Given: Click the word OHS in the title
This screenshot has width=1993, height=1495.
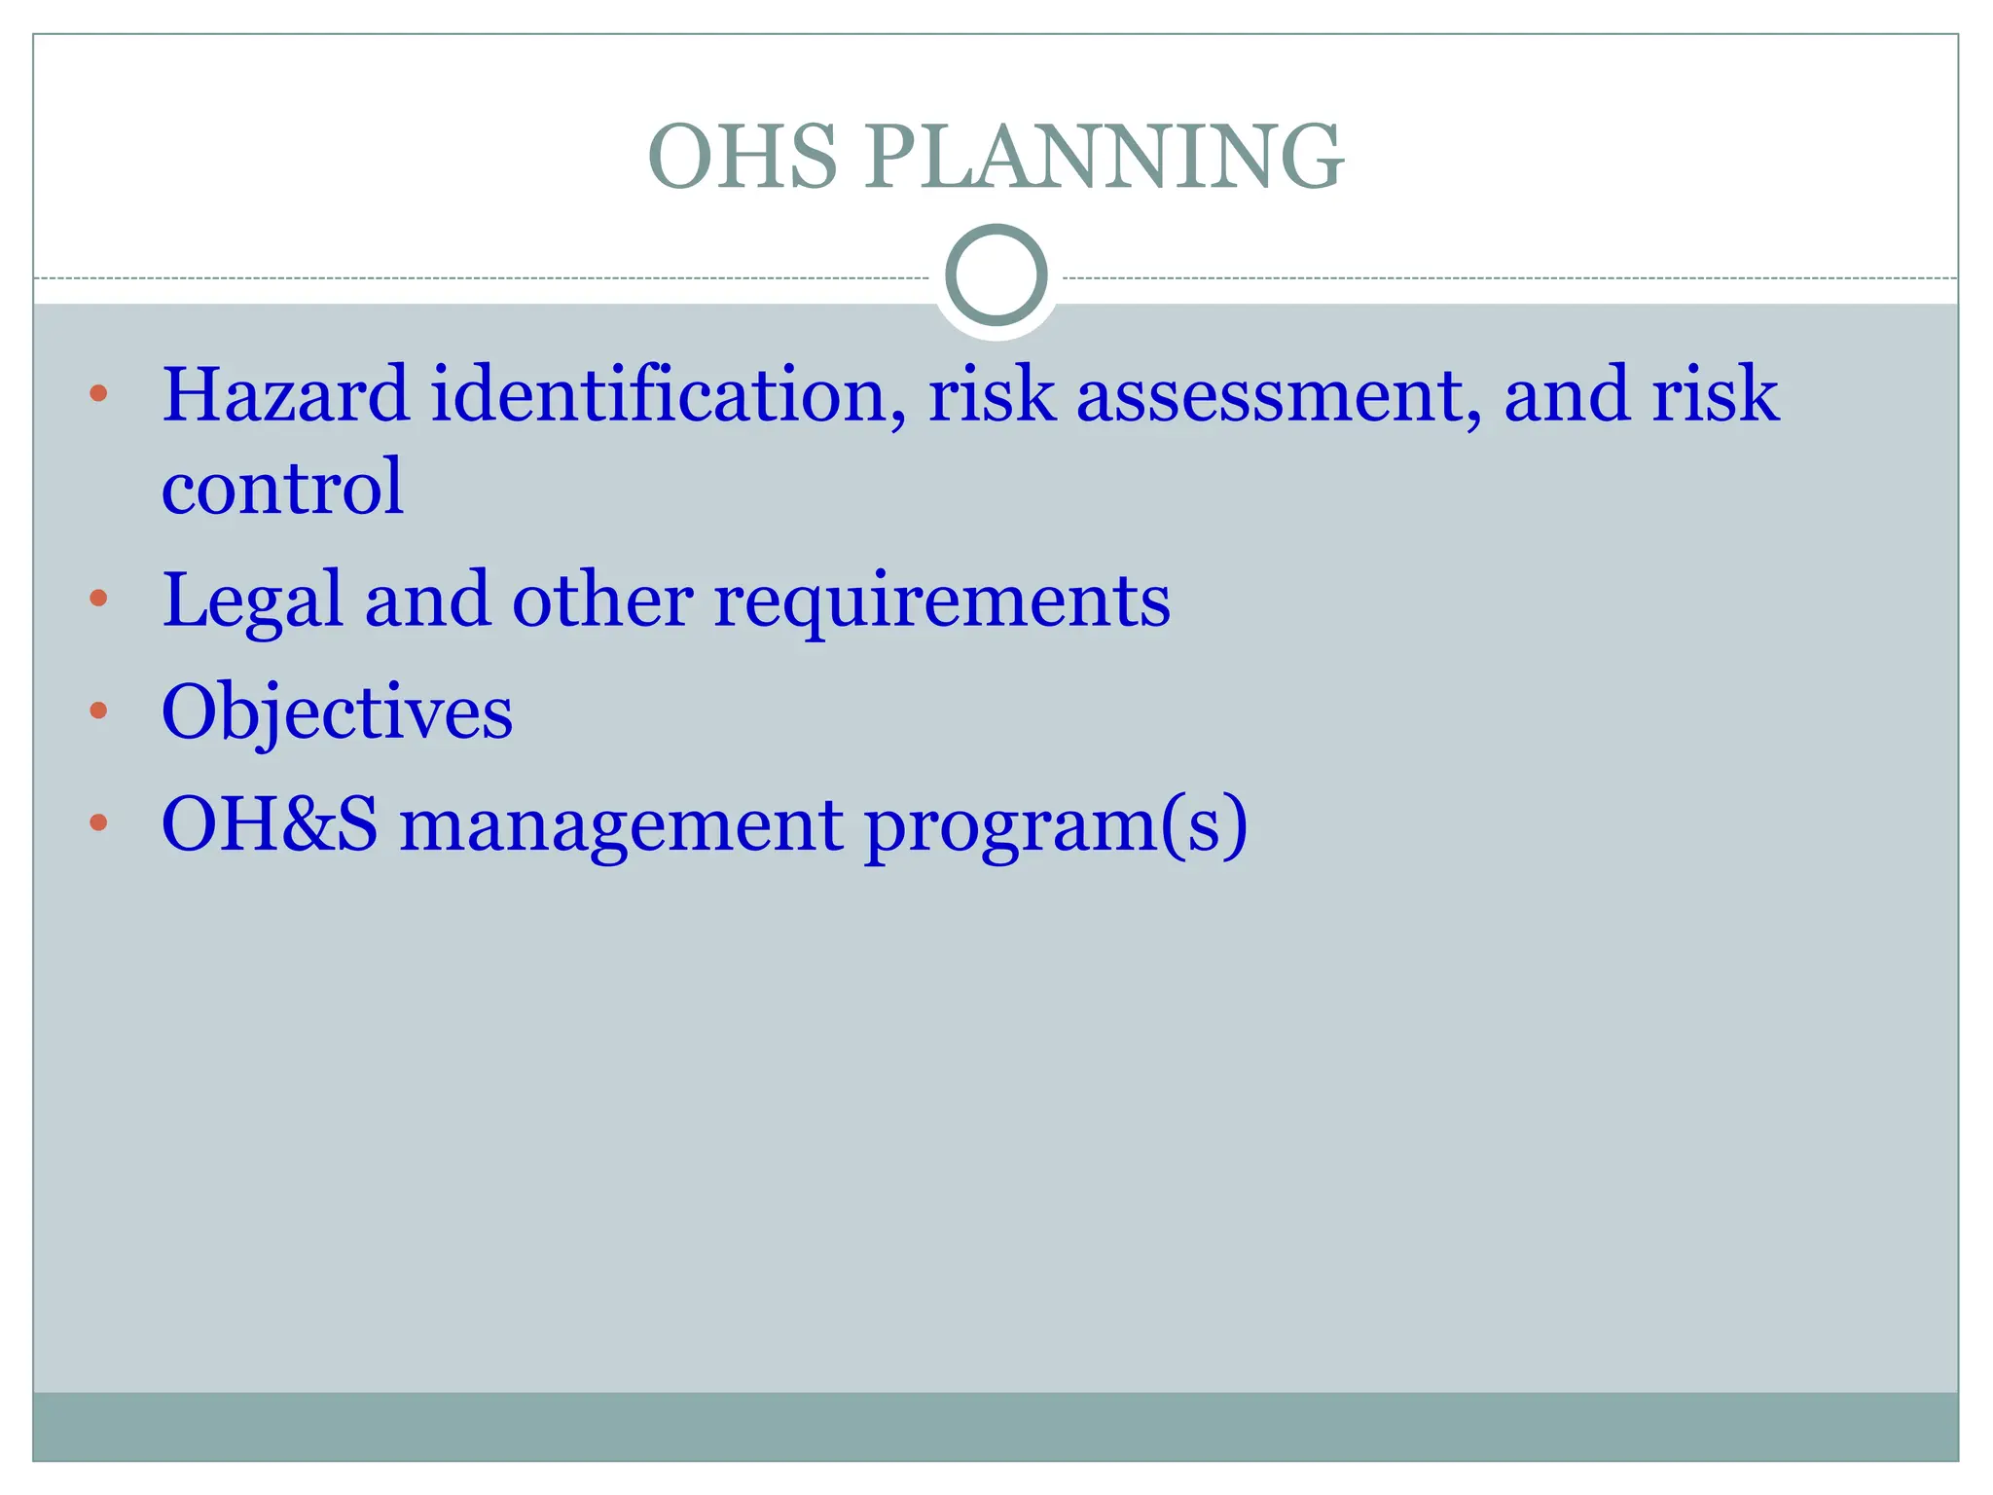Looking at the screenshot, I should point(743,157).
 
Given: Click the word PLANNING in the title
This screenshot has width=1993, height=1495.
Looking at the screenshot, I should point(1104,157).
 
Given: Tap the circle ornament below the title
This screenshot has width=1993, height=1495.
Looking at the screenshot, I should point(996,275).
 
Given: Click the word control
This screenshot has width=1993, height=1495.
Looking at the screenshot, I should point(282,487).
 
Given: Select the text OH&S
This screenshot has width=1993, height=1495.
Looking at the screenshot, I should point(270,825).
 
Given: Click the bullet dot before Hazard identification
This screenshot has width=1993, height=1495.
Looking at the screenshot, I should point(98,394).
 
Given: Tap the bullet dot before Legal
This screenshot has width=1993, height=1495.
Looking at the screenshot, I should point(98,598).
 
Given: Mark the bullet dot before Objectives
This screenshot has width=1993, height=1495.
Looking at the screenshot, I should point(98,711).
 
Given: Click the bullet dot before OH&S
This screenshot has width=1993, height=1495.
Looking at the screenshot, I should point(98,823).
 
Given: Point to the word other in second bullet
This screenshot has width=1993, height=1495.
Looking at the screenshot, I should point(602,600).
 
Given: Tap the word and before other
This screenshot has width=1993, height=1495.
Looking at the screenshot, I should point(427,600).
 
